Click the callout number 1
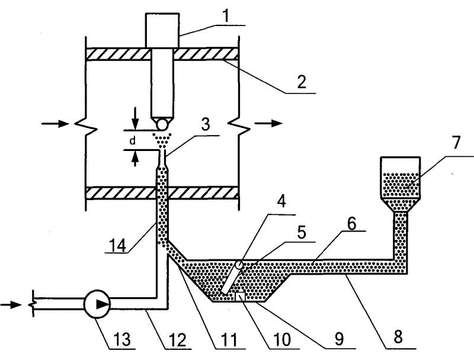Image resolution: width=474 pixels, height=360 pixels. click(x=226, y=15)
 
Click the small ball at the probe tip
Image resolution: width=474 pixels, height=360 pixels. click(x=161, y=125)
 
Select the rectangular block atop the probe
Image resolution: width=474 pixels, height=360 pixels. click(x=161, y=30)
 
